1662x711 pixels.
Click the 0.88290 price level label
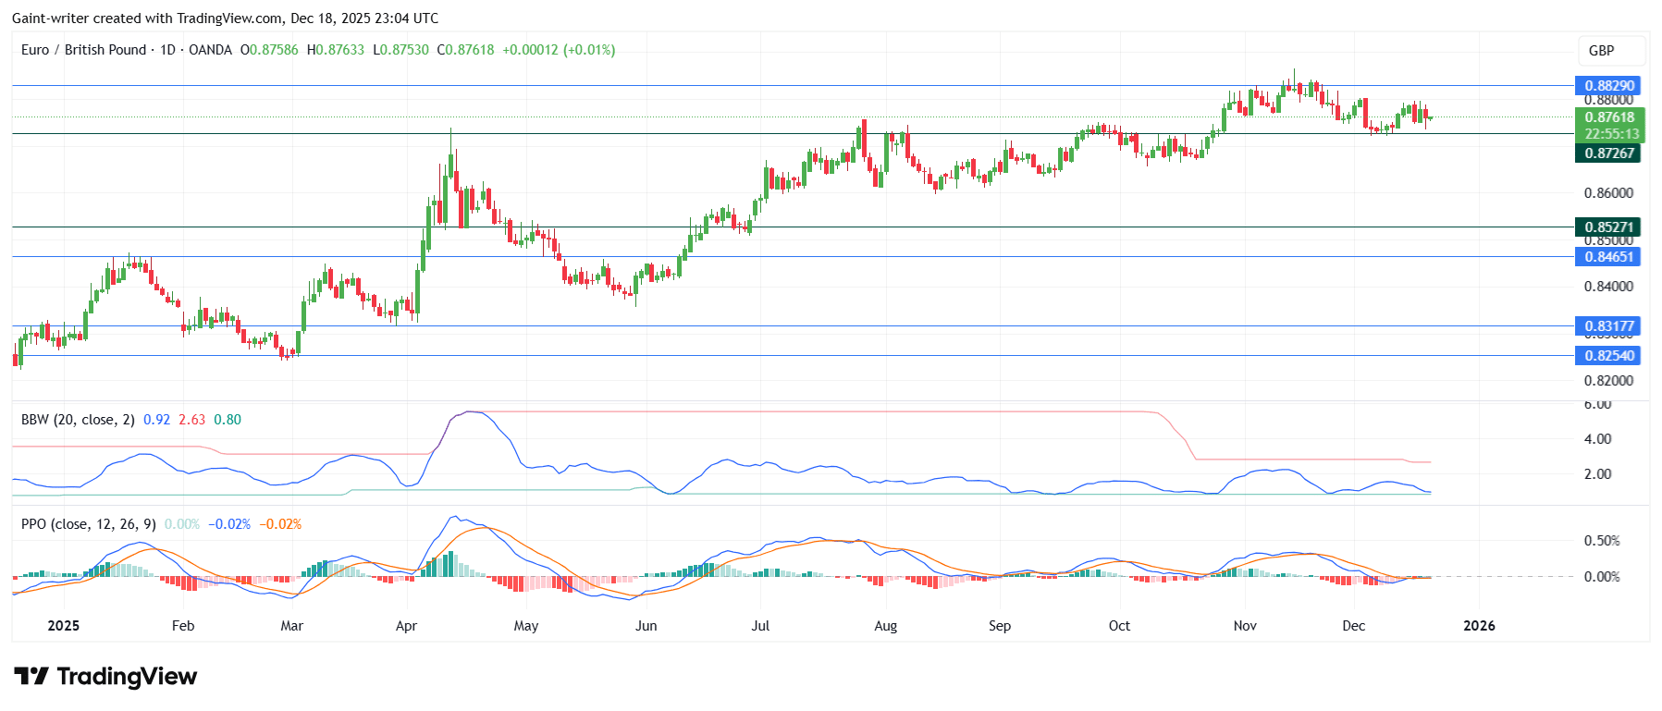(x=1608, y=85)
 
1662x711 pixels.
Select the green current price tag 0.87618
(x=1608, y=117)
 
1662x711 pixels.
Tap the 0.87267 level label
(x=1608, y=153)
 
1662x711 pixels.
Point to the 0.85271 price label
(x=1608, y=227)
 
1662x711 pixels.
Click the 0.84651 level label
(x=1608, y=257)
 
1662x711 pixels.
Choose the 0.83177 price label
(x=1608, y=325)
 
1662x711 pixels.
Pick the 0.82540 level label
(x=1608, y=355)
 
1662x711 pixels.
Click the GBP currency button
(x=1601, y=51)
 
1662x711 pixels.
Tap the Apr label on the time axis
(x=406, y=626)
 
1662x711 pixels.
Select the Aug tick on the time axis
(x=885, y=626)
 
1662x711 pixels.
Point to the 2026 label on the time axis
(x=1479, y=626)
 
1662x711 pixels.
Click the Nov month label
(x=1245, y=626)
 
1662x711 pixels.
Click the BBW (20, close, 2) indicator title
(x=78, y=420)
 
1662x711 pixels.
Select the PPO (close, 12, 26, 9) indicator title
(x=89, y=524)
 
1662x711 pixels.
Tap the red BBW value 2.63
(x=191, y=420)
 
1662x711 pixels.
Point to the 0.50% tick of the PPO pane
(x=1602, y=541)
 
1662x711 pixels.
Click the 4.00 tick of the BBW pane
(x=1597, y=439)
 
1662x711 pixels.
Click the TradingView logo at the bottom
(x=105, y=677)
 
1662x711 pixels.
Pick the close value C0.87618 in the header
(x=465, y=50)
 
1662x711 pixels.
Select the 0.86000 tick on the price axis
(x=1608, y=193)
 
